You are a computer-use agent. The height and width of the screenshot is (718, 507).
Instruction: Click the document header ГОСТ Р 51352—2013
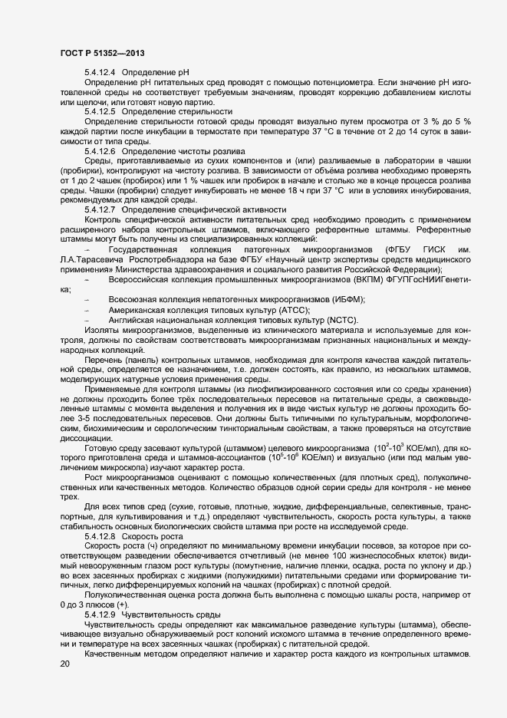(x=102, y=51)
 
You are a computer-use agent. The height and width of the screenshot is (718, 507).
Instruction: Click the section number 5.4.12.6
(x=100, y=150)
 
